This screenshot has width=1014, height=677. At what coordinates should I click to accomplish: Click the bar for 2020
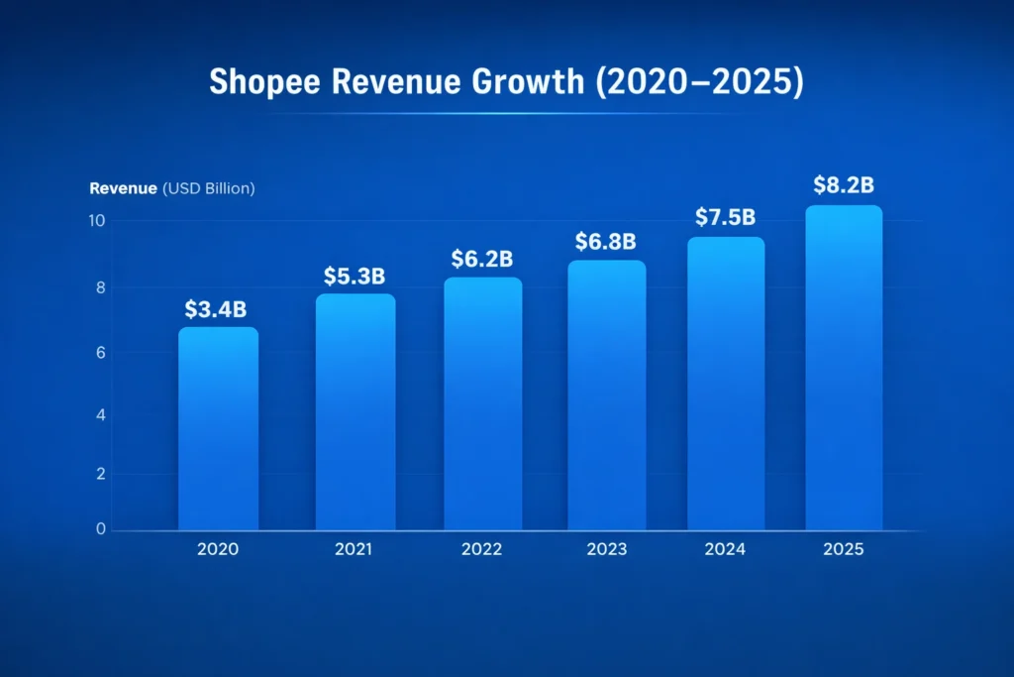coord(218,428)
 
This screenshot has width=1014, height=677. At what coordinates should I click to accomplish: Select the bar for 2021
coord(355,411)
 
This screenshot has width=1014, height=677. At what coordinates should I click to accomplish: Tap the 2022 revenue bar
coord(482,403)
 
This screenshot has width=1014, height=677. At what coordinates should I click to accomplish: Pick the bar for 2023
coord(606,395)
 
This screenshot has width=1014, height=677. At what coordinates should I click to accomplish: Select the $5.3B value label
coord(355,276)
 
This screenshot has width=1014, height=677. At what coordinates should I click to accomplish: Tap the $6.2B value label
coord(482,259)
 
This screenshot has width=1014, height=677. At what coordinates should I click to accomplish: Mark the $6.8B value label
coord(606,241)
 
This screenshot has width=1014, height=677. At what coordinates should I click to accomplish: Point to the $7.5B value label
coord(726,217)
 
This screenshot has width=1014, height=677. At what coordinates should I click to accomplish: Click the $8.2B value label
coord(843,184)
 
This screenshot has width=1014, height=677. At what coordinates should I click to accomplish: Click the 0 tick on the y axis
coord(100,529)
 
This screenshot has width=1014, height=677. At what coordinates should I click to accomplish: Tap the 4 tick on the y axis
coord(100,414)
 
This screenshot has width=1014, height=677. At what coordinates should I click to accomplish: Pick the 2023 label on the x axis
coord(606,549)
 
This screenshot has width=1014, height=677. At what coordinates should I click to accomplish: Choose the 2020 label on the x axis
coord(218,549)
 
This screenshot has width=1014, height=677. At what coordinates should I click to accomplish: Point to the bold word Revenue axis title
coord(124,188)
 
